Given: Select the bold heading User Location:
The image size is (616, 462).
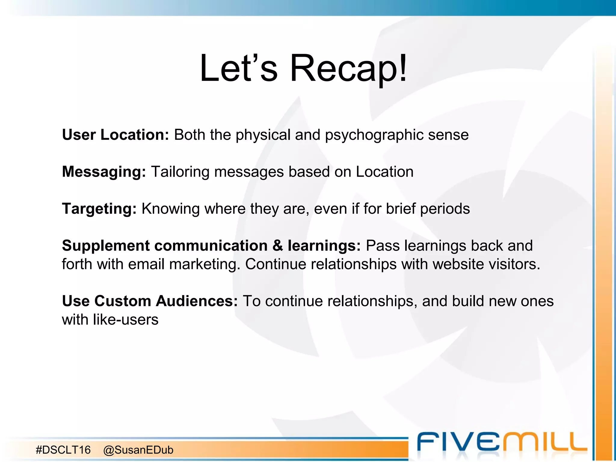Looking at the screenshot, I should (x=115, y=135).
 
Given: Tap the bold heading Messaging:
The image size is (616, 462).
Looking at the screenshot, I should (x=104, y=172).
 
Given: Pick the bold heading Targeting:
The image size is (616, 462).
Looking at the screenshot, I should (x=99, y=209).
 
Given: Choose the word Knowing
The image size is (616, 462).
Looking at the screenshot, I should (x=171, y=209).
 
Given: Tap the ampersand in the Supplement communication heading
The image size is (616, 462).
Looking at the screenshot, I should (x=278, y=246).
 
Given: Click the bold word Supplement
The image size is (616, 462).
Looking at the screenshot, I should (x=106, y=246).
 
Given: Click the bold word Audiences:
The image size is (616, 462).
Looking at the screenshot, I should (x=197, y=301).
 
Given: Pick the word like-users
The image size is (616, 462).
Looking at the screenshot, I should (x=125, y=320).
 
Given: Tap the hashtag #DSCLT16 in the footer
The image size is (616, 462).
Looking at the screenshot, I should (x=63, y=450).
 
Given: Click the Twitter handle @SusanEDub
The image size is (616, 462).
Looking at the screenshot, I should (x=138, y=450).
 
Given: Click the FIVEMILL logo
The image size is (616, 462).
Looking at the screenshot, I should (x=502, y=442).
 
